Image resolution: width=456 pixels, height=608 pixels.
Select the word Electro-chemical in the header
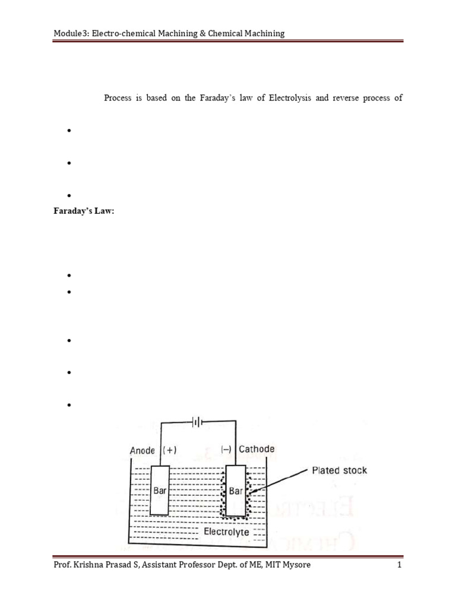(x=124, y=33)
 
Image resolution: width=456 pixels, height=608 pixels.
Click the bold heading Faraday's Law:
(x=83, y=213)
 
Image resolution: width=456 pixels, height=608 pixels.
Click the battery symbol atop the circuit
(x=197, y=422)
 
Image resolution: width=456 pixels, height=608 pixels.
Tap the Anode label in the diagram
(x=142, y=450)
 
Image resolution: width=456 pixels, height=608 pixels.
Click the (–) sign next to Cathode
(x=227, y=449)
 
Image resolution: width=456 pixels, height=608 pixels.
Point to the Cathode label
(x=256, y=449)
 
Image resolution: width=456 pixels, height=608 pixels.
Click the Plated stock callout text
(x=340, y=471)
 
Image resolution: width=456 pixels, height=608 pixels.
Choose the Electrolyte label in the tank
(x=226, y=532)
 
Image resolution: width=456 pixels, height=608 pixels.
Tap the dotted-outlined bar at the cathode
(x=236, y=490)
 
